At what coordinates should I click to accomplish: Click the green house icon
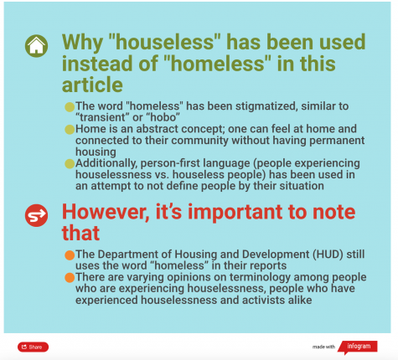point(36,46)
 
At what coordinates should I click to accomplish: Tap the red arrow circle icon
point(36,215)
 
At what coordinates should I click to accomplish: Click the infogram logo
point(358,347)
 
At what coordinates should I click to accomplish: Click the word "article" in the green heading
point(92,85)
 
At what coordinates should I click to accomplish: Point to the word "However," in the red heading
point(106,213)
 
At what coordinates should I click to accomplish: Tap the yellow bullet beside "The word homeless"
point(70,107)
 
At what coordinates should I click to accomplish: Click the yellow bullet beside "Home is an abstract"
point(70,130)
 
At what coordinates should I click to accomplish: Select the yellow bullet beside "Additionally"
point(70,164)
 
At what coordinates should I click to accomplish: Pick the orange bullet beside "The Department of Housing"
point(70,255)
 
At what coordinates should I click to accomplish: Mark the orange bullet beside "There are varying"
point(70,278)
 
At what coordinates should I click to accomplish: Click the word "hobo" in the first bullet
point(163,117)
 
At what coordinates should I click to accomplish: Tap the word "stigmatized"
point(266,106)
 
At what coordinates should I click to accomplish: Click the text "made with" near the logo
point(323,347)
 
